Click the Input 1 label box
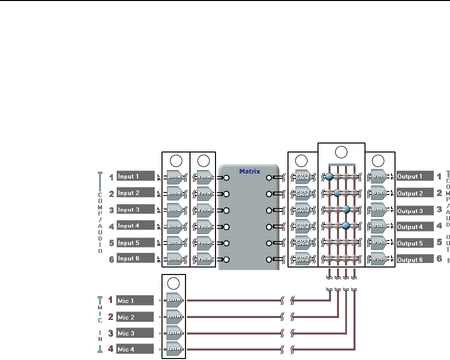click(x=134, y=176)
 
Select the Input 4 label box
click(x=134, y=226)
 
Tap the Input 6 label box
click(x=134, y=259)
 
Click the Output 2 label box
click(x=414, y=193)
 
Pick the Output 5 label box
click(x=414, y=243)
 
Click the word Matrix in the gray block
click(x=249, y=171)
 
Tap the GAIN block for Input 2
click(x=175, y=193)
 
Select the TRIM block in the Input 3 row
click(x=204, y=210)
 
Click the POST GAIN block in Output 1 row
click(x=303, y=176)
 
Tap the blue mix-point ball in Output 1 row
click(x=329, y=176)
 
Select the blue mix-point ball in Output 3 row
click(x=345, y=209)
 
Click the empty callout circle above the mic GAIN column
click(x=173, y=282)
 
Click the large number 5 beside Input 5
click(x=111, y=243)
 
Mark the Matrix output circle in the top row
click(x=270, y=177)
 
